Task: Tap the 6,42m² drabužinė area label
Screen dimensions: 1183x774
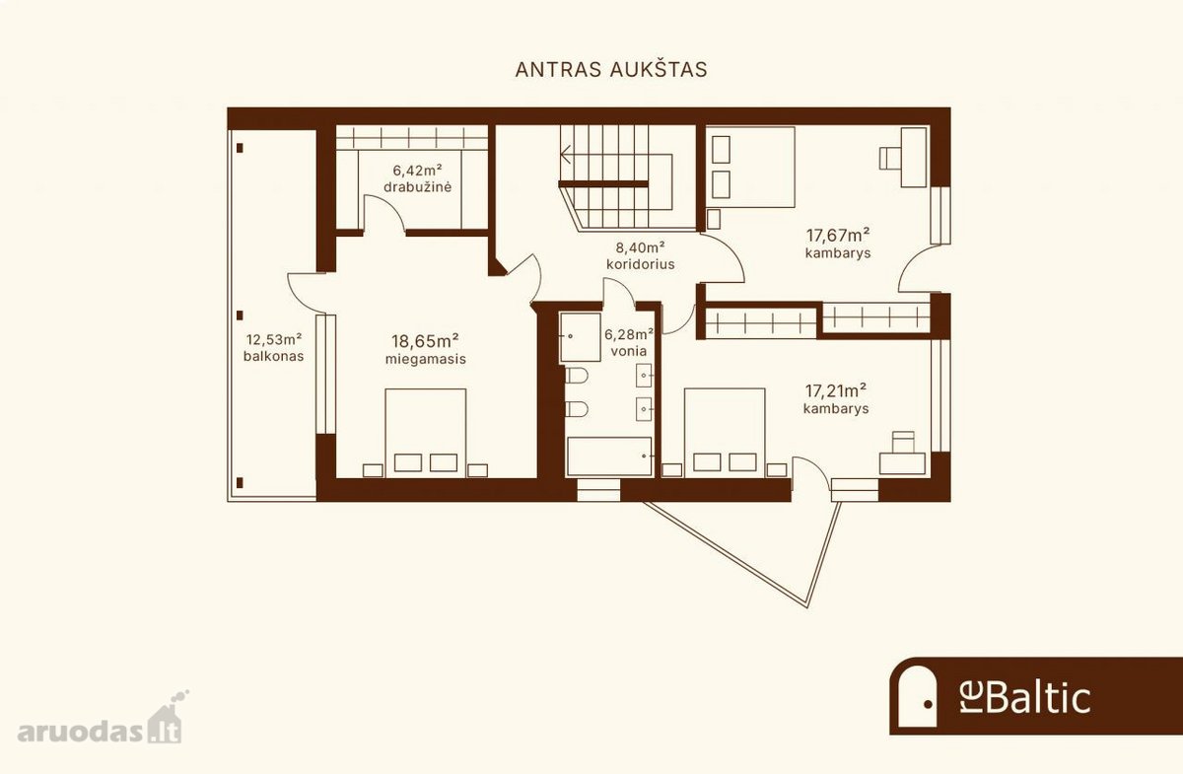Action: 417,178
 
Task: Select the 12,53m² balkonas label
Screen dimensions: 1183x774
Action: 274,348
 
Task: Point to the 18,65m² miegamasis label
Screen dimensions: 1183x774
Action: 425,349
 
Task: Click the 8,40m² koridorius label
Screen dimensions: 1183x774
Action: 640,255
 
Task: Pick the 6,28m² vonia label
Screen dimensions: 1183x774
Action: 629,342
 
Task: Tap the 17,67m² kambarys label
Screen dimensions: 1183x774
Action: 838,243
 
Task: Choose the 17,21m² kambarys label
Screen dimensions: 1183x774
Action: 836,399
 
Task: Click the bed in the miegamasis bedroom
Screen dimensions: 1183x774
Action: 426,433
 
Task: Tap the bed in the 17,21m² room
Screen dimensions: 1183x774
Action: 725,433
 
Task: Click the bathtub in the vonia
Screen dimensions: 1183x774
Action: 609,457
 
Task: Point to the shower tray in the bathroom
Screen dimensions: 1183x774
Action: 580,337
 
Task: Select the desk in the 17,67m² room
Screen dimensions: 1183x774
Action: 914,157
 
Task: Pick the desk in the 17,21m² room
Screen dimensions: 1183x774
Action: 902,463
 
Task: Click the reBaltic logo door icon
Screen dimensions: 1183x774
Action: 918,696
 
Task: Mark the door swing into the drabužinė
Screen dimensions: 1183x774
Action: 383,212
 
